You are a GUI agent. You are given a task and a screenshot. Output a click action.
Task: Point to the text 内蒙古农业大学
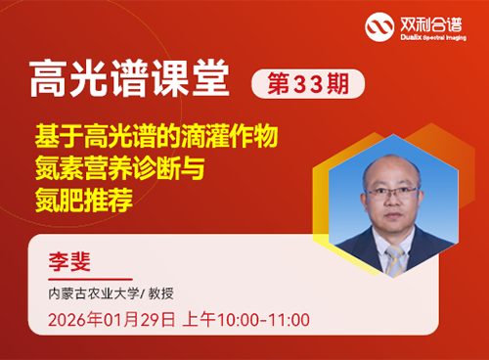tap(89, 293)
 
